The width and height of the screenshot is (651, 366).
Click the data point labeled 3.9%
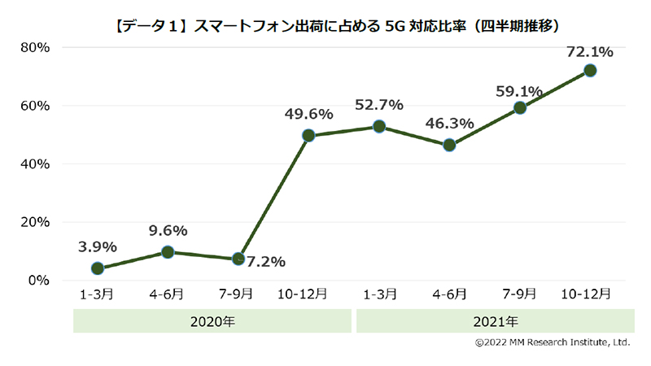click(98, 268)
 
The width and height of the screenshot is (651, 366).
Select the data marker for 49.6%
click(309, 136)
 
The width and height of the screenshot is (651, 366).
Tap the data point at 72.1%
click(590, 71)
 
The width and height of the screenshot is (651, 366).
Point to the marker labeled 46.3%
click(449, 146)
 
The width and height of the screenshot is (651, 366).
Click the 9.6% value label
click(168, 230)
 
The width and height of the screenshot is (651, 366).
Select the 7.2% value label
click(265, 261)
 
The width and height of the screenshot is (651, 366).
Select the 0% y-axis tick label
click(38, 280)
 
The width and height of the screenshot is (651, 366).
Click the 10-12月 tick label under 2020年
click(308, 294)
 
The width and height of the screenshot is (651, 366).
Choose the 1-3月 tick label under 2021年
click(379, 294)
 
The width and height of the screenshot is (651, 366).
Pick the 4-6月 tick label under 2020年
click(168, 294)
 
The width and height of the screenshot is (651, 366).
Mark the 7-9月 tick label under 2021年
click(519, 294)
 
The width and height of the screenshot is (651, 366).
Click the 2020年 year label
click(212, 321)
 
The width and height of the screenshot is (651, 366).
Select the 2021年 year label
click(494, 321)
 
